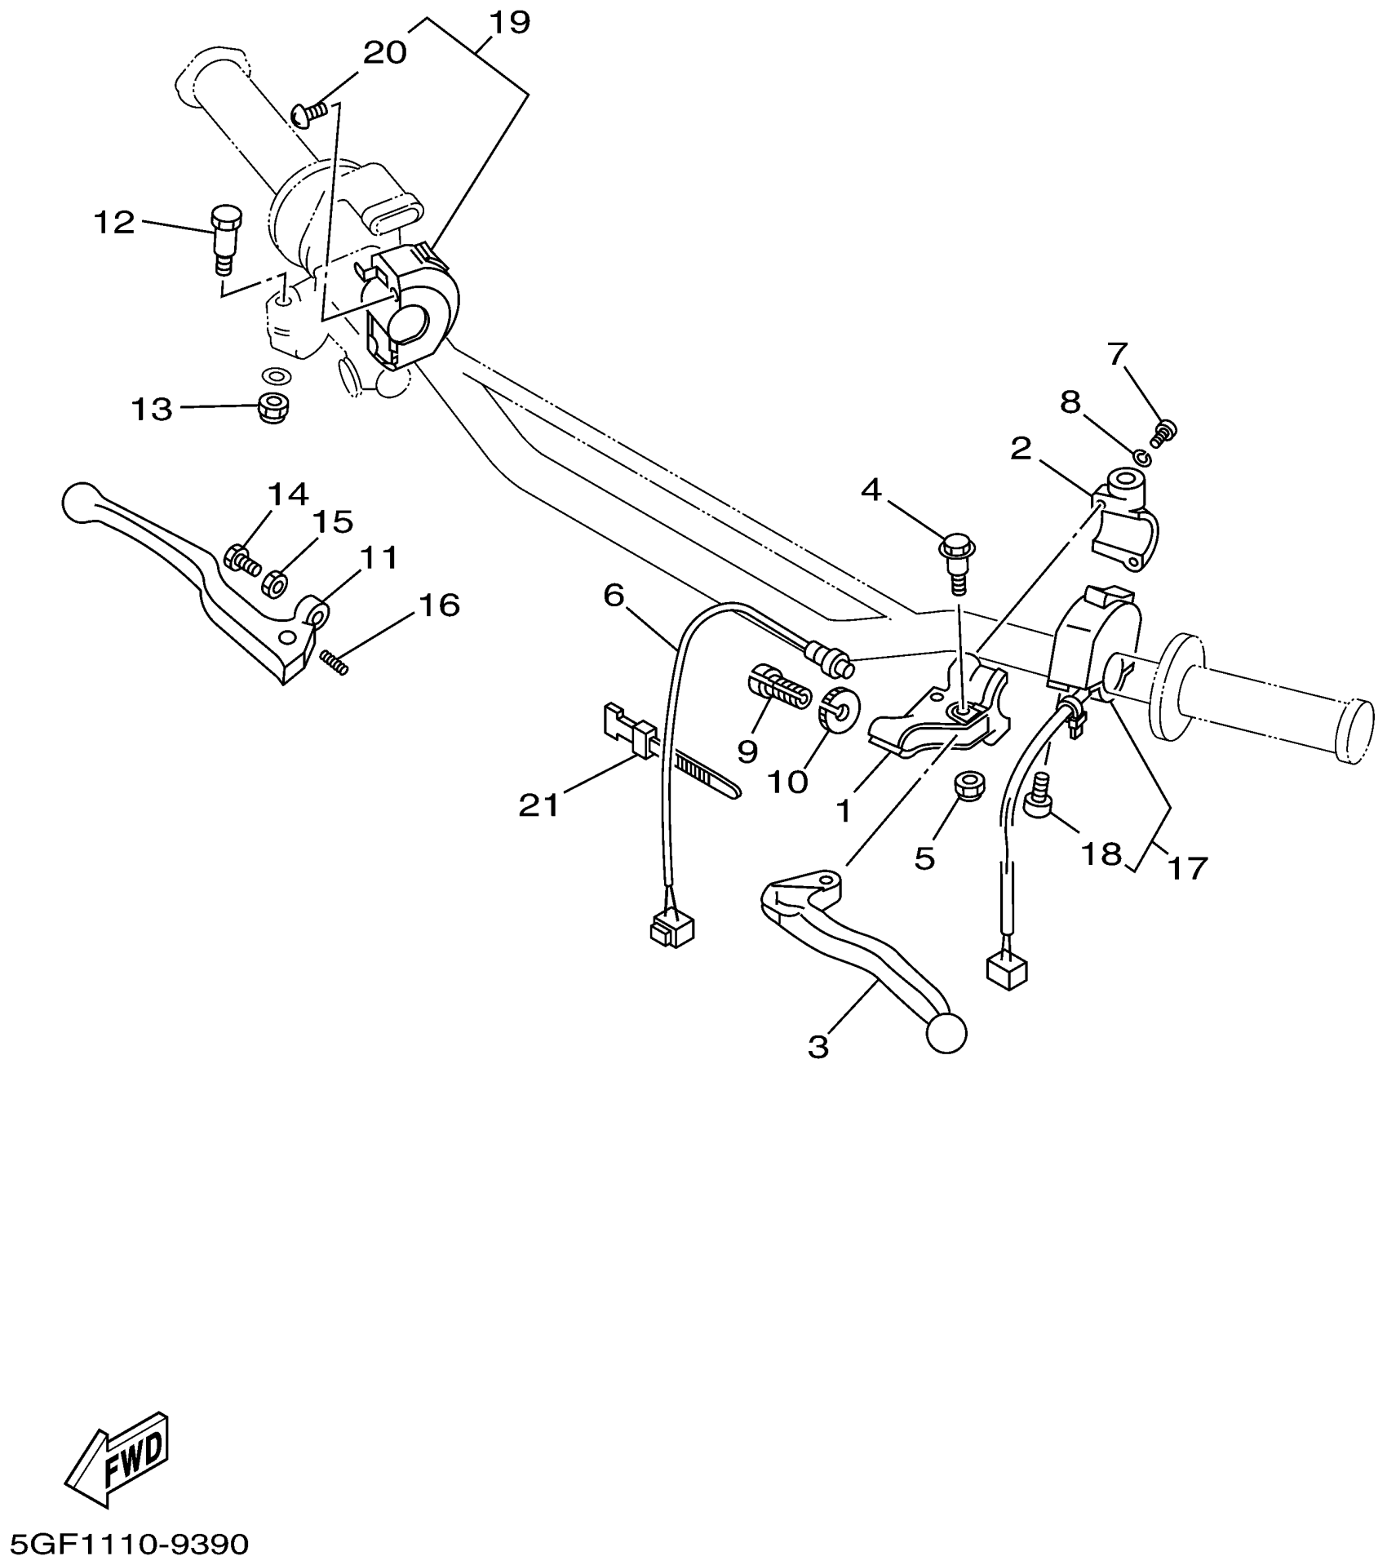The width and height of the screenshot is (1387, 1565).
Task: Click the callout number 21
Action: (x=539, y=805)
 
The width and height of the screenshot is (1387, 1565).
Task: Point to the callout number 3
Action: (x=818, y=1046)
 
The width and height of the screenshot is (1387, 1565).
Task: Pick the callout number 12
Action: (x=113, y=222)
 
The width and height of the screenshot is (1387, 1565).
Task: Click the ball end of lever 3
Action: (x=946, y=1034)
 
